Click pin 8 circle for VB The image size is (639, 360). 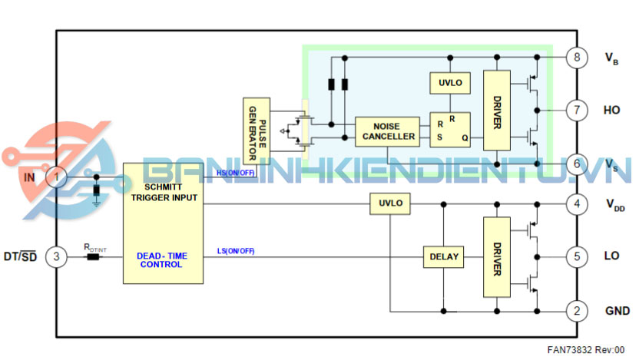point(575,58)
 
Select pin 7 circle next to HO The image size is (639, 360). point(575,110)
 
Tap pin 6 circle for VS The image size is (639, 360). point(575,163)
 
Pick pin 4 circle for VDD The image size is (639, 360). point(575,204)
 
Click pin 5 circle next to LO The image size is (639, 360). point(575,256)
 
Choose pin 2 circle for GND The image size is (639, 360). point(575,311)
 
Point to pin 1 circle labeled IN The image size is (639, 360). point(57,178)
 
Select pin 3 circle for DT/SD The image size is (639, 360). point(57,256)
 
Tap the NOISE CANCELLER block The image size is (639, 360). point(387,132)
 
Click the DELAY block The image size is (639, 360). point(444,256)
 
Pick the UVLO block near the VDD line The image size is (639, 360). point(390,203)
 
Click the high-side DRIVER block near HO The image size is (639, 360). point(497,110)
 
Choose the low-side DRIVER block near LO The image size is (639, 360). point(497,256)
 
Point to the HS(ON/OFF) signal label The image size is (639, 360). point(236,173)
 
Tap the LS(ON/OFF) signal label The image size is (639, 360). point(236,252)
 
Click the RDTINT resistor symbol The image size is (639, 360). point(94,256)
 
